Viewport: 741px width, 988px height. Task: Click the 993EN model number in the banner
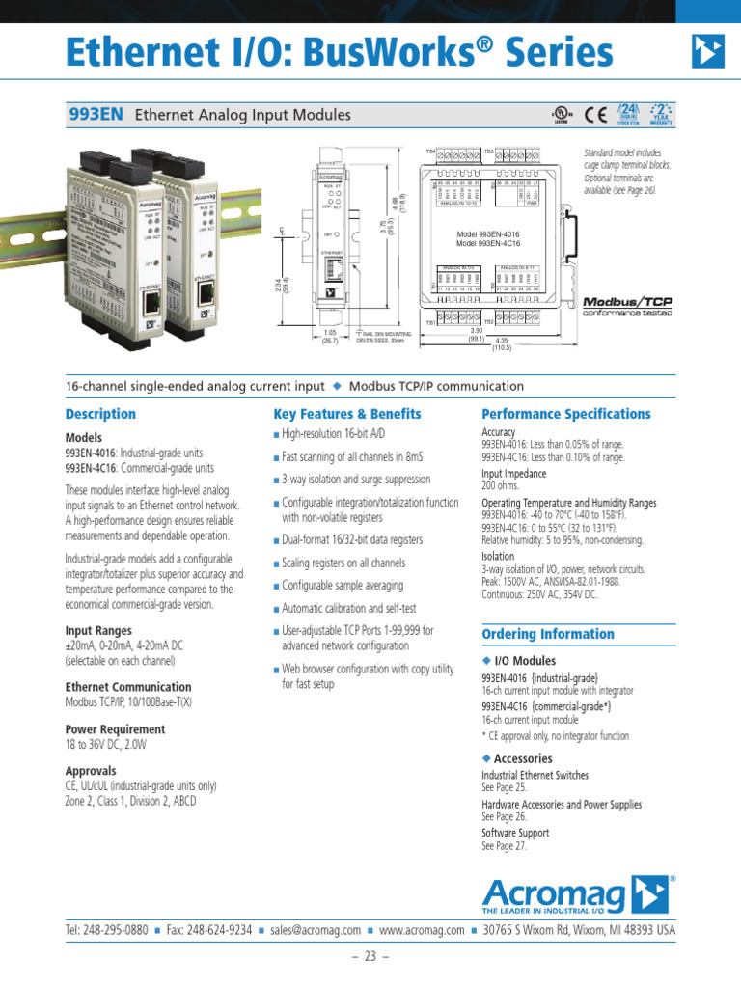click(x=96, y=115)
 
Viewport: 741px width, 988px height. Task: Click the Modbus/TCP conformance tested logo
click(x=626, y=306)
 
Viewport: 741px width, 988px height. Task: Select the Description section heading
click(x=100, y=414)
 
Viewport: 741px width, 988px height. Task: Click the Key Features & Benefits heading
click(x=347, y=414)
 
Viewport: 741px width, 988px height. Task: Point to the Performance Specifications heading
click(x=566, y=414)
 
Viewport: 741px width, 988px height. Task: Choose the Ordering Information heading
click(x=548, y=634)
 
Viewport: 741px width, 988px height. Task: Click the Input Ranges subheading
click(x=98, y=631)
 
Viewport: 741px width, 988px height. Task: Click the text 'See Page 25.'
click(x=504, y=788)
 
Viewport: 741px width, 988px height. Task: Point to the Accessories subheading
click(x=522, y=759)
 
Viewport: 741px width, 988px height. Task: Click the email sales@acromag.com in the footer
click(x=316, y=931)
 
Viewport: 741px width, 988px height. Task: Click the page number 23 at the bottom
click(x=370, y=957)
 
